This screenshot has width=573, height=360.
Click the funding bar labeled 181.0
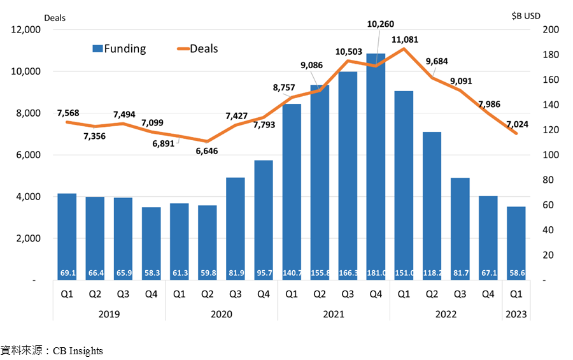coord(376,167)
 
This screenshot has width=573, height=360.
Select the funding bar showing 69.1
coord(67,236)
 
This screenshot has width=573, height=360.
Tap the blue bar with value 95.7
coord(264,220)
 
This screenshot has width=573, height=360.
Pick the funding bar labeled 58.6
coord(516,243)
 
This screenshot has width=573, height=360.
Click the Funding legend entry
coord(119,48)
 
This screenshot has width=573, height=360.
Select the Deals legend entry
coord(197,48)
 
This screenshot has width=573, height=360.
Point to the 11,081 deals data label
coord(404,40)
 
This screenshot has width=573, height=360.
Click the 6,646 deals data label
coord(206,151)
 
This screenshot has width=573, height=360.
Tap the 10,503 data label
coord(349,52)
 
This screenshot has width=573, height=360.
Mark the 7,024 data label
coord(517,124)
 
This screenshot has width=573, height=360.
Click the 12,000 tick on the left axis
coord(25,29)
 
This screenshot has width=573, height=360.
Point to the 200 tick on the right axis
coord(551,29)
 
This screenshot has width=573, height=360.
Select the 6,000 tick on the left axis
coord(28,155)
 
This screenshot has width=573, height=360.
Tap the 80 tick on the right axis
coord(548,180)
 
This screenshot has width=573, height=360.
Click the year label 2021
coord(333,314)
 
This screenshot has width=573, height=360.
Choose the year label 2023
coord(516,314)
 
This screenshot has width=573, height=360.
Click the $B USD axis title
coord(526,16)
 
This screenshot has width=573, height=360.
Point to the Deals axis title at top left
coord(55,18)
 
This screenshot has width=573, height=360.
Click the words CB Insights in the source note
coord(78,351)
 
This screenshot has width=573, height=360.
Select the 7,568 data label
coord(68,113)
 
